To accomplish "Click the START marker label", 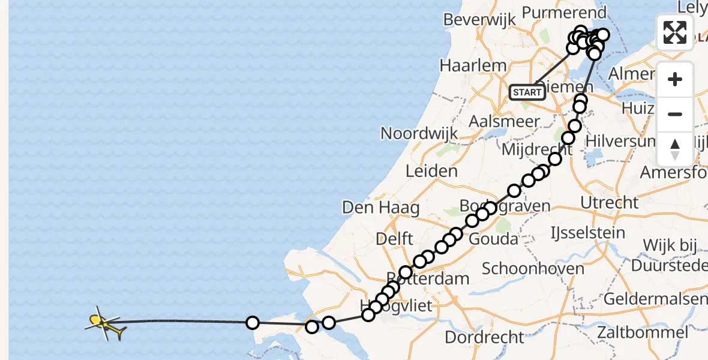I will click(527, 92).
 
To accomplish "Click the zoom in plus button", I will click(675, 80).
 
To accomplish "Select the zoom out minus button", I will click(675, 114).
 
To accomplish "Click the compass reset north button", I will click(675, 149).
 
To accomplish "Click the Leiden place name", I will click(431, 171).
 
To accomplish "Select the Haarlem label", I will click(473, 65).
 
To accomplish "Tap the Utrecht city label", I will click(610, 202).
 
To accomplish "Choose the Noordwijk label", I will click(419, 133).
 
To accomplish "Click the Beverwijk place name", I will click(479, 19).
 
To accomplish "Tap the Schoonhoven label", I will click(533, 268).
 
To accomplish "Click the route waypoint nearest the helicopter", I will click(253, 323).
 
